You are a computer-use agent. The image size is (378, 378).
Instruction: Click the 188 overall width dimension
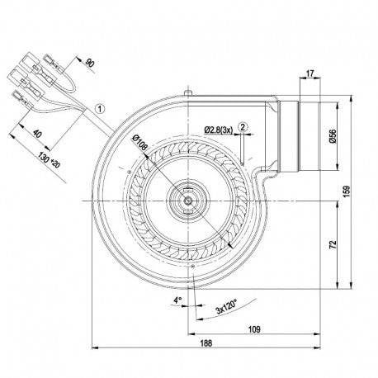206,343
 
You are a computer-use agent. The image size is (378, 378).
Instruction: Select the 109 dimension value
254,329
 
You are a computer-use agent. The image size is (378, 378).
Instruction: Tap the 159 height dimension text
347,191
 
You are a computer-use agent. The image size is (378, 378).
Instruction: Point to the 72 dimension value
333,244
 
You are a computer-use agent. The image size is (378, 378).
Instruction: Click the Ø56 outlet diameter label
333,136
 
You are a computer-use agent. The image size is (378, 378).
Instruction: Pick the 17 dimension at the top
309,73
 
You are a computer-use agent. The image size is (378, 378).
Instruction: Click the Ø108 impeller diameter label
140,143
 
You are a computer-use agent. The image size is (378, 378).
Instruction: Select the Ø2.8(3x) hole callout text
219,130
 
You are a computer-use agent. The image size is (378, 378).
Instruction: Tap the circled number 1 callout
100,109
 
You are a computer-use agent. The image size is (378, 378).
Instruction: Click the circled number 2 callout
243,127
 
